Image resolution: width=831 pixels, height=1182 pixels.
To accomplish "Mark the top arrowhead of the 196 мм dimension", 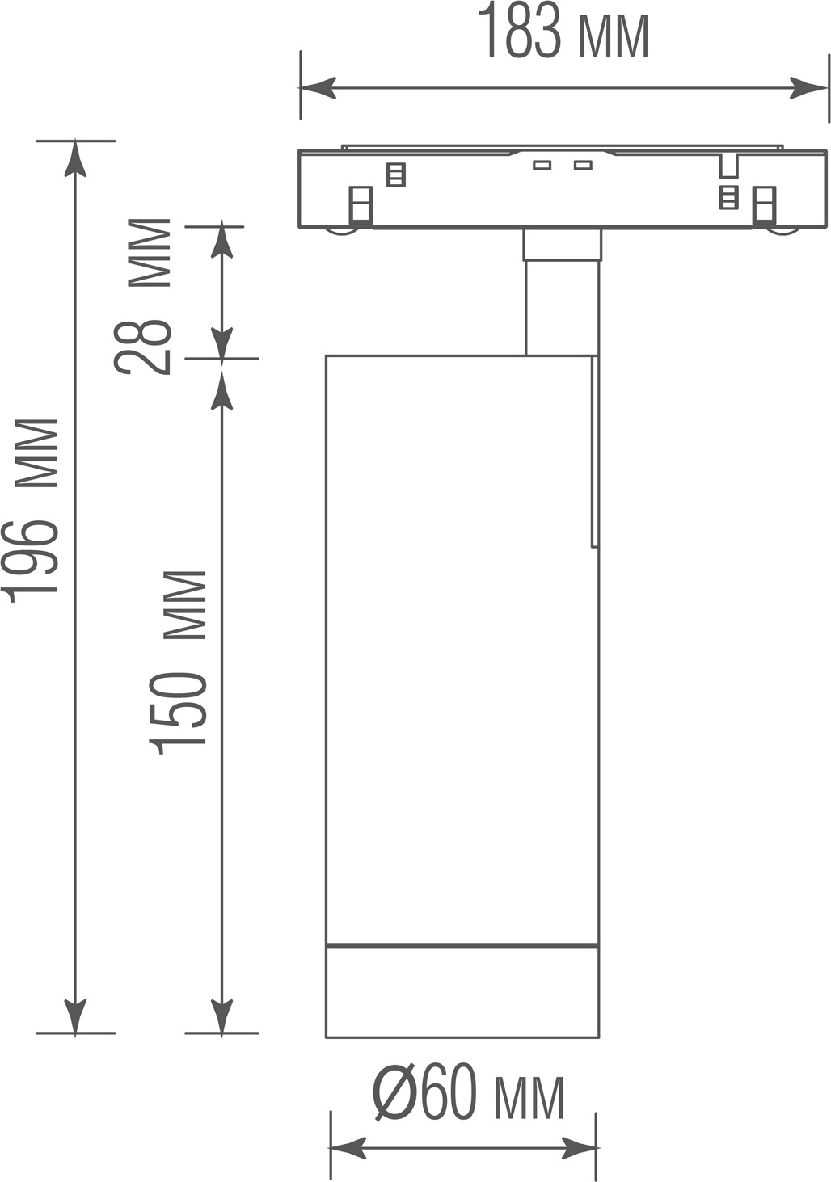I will click(x=76, y=158).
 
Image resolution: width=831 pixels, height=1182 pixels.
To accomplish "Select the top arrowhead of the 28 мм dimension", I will click(x=221, y=242).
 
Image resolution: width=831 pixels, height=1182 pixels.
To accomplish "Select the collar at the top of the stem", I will click(x=563, y=245).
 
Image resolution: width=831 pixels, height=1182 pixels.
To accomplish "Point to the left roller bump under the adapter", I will click(x=343, y=233).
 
